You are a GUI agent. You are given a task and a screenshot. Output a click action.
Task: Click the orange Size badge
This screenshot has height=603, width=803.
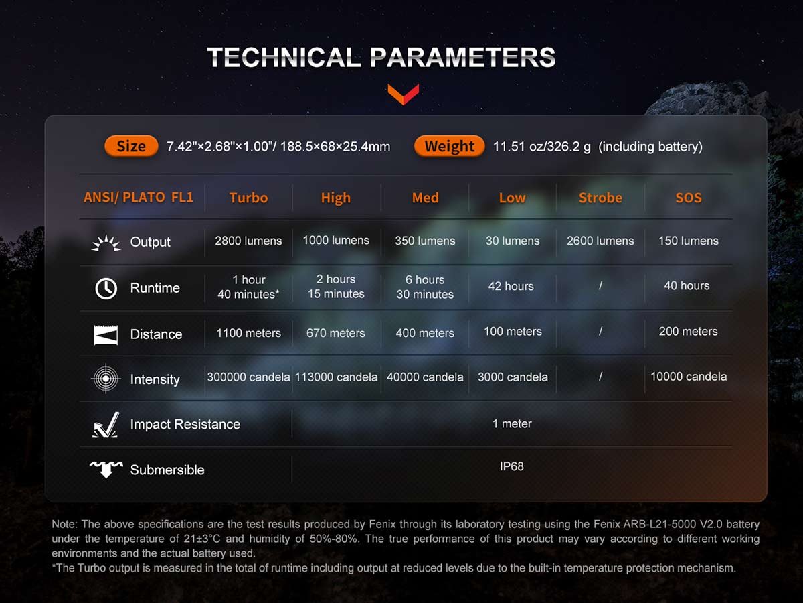click(x=131, y=146)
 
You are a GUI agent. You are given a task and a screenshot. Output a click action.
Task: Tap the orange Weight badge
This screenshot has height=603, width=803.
click(x=449, y=146)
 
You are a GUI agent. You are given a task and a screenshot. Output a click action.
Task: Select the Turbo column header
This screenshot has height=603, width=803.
click(x=248, y=198)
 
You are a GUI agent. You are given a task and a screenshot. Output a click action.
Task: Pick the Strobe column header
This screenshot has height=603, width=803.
click(x=600, y=198)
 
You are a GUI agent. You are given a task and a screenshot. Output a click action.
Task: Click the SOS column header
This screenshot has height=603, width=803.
click(x=689, y=198)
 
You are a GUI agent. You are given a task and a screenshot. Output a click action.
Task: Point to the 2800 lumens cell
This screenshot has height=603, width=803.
click(x=248, y=241)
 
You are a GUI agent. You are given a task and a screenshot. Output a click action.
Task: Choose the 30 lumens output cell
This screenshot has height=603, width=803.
click(x=513, y=241)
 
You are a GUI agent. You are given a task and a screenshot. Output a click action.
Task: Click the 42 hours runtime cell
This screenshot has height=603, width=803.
click(x=511, y=286)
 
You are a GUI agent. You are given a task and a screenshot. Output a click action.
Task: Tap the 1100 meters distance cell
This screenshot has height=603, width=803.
click(x=248, y=333)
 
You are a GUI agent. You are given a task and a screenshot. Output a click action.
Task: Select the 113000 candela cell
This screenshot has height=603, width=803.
click(x=336, y=377)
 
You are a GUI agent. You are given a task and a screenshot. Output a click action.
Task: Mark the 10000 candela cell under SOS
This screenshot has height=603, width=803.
click(x=689, y=377)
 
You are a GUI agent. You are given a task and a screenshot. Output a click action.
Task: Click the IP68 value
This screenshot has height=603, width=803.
click(x=512, y=466)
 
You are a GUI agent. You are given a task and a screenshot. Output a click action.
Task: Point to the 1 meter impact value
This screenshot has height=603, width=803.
click(x=512, y=423)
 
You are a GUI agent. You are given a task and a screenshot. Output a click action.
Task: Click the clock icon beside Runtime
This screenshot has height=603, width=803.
click(x=106, y=288)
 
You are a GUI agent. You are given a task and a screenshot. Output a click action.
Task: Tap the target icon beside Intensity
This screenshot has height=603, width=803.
click(x=106, y=379)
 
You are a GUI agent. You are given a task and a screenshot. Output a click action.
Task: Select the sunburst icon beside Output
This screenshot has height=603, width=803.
click(x=106, y=243)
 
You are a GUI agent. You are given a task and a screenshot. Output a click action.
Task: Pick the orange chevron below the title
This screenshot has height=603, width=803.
click(x=403, y=94)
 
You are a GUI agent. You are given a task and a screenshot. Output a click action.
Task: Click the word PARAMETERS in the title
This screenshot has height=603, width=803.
click(x=463, y=58)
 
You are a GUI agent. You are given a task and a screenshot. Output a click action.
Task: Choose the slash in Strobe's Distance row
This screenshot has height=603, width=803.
click(x=600, y=332)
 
